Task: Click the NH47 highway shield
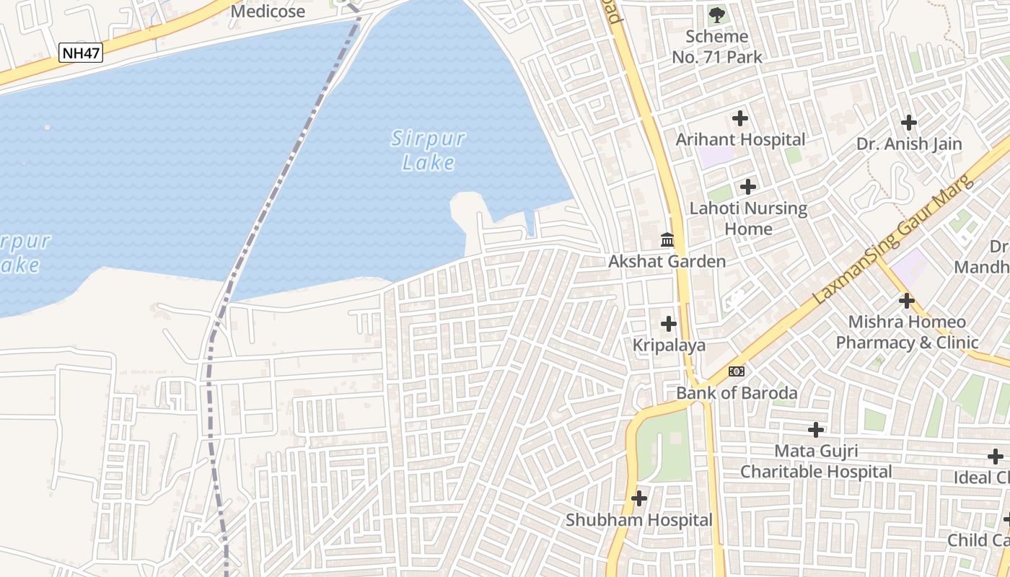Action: coord(81,52)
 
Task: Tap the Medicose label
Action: coord(268,12)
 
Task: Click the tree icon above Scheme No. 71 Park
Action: coord(716,14)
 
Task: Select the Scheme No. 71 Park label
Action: coord(716,46)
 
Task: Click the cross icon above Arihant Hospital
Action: coord(740,118)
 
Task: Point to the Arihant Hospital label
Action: coord(740,139)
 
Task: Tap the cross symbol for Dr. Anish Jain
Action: coord(909,123)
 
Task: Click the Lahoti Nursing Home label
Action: coord(748,219)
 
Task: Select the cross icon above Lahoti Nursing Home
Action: coord(748,187)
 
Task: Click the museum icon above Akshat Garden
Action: coord(667,239)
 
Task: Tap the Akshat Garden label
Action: coord(667,261)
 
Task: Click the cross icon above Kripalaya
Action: coord(669,324)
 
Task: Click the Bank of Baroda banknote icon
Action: coord(737,371)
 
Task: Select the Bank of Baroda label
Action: coord(737,393)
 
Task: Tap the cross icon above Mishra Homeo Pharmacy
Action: coord(907,301)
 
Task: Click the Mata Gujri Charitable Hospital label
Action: coord(816,462)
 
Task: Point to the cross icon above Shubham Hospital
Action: coord(639,498)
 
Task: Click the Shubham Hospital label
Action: coord(639,520)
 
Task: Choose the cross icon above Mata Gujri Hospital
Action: coord(816,430)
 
